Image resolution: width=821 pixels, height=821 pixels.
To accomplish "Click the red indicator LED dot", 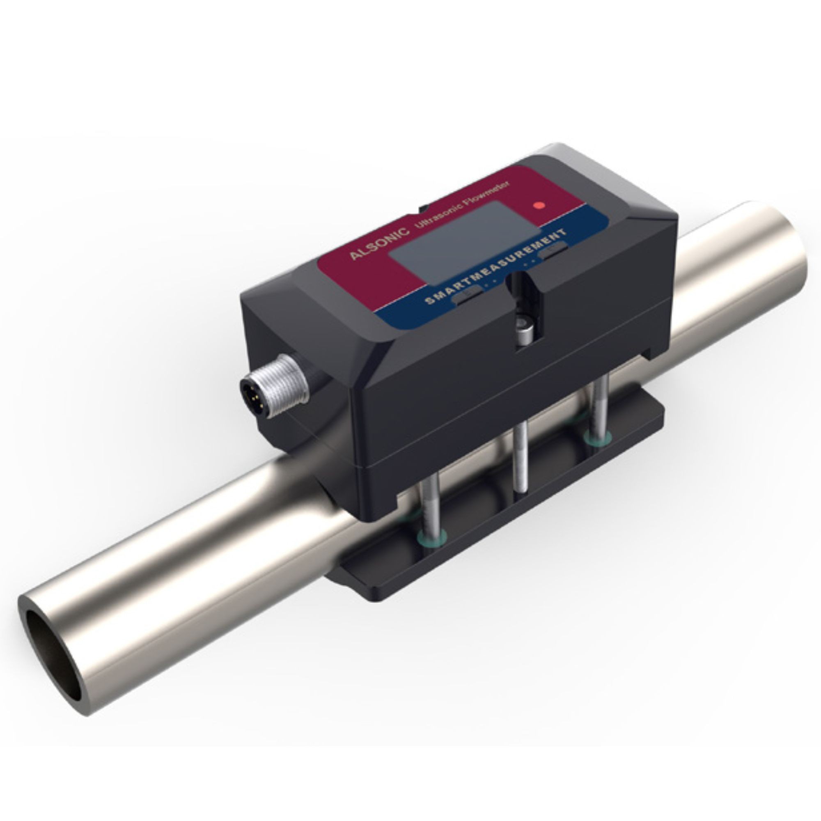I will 540,205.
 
